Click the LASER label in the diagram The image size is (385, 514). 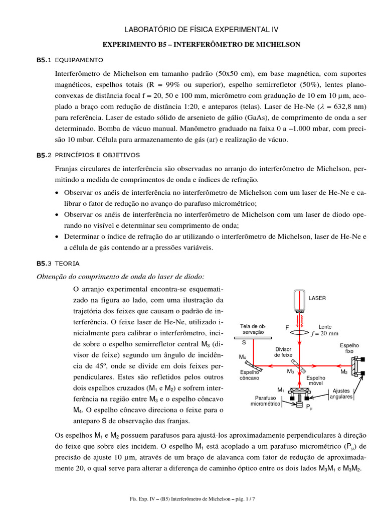point(317,298)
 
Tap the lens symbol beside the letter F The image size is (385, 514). point(300,332)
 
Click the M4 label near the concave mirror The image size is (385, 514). point(242,357)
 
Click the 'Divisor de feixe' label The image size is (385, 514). point(283,351)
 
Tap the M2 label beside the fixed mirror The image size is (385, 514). point(344,372)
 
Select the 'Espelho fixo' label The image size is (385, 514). point(349,348)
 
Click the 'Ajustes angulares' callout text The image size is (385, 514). point(341,394)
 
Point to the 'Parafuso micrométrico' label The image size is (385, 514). point(266,400)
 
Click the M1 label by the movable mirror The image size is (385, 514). point(281,390)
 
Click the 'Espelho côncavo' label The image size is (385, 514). point(249,375)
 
